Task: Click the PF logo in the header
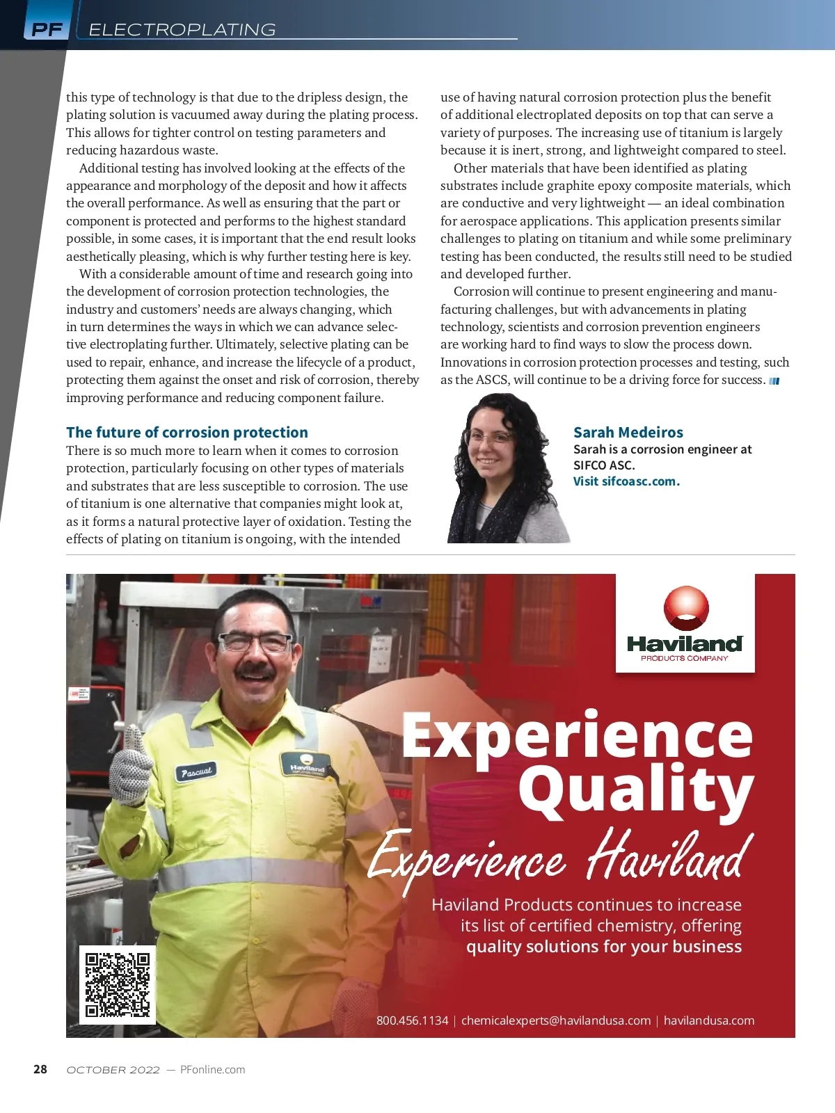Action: tap(47, 29)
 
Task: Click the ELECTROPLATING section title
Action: tap(182, 29)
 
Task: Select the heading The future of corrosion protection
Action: tap(187, 432)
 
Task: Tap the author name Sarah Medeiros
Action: tap(628, 432)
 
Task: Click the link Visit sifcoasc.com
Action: tap(626, 481)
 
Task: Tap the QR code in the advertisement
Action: tap(117, 984)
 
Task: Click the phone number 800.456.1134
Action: tap(412, 1020)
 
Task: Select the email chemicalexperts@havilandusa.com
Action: tap(556, 1020)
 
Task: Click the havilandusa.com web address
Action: tap(708, 1020)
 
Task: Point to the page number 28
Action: tap(40, 1069)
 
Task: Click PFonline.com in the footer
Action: tap(212, 1069)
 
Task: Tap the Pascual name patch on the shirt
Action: tap(196, 771)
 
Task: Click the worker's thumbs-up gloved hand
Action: tap(131, 769)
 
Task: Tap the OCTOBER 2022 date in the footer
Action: tap(113, 1069)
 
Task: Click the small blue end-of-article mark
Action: tap(774, 381)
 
